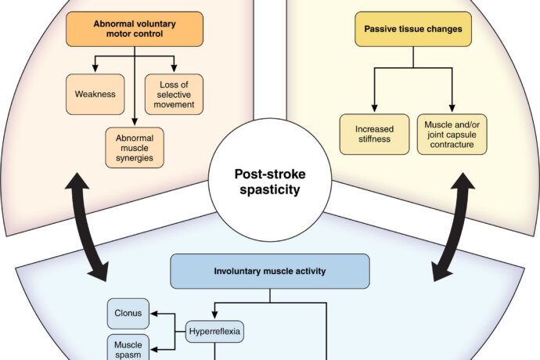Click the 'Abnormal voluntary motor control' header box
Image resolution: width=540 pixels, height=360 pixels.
[134, 28]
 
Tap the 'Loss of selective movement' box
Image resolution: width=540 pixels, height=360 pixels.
[173, 94]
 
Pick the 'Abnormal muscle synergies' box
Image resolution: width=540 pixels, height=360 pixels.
[134, 146]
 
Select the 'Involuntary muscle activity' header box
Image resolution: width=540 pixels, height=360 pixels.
[269, 272]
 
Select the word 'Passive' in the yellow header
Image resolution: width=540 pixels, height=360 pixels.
[382, 28]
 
